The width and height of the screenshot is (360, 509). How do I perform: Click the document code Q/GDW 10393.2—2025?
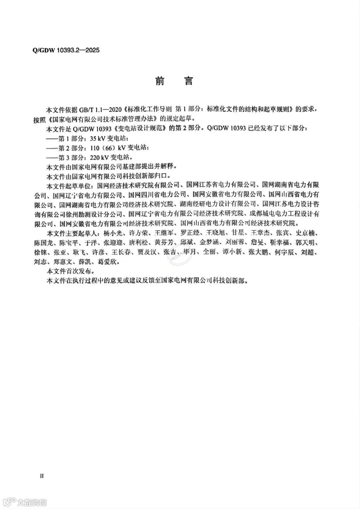pyautogui.click(x=66, y=50)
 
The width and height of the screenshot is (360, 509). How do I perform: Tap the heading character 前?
pyautogui.click(x=160, y=81)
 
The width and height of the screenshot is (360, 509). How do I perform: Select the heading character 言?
pyautogui.click(x=189, y=81)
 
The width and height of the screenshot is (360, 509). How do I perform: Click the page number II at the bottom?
pyautogui.click(x=42, y=476)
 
